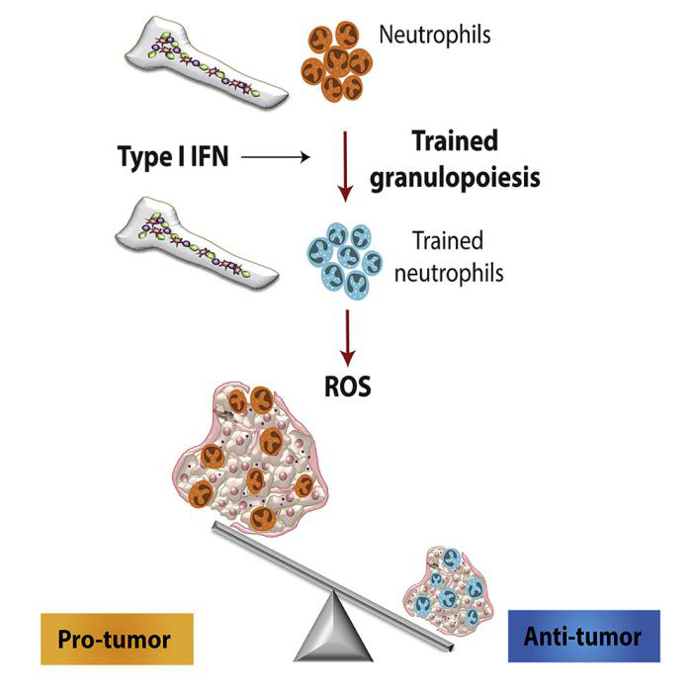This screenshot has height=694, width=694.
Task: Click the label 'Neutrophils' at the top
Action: [435, 35]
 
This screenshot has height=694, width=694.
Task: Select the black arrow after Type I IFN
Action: [277, 156]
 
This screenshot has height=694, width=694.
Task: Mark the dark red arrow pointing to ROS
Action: [346, 337]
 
